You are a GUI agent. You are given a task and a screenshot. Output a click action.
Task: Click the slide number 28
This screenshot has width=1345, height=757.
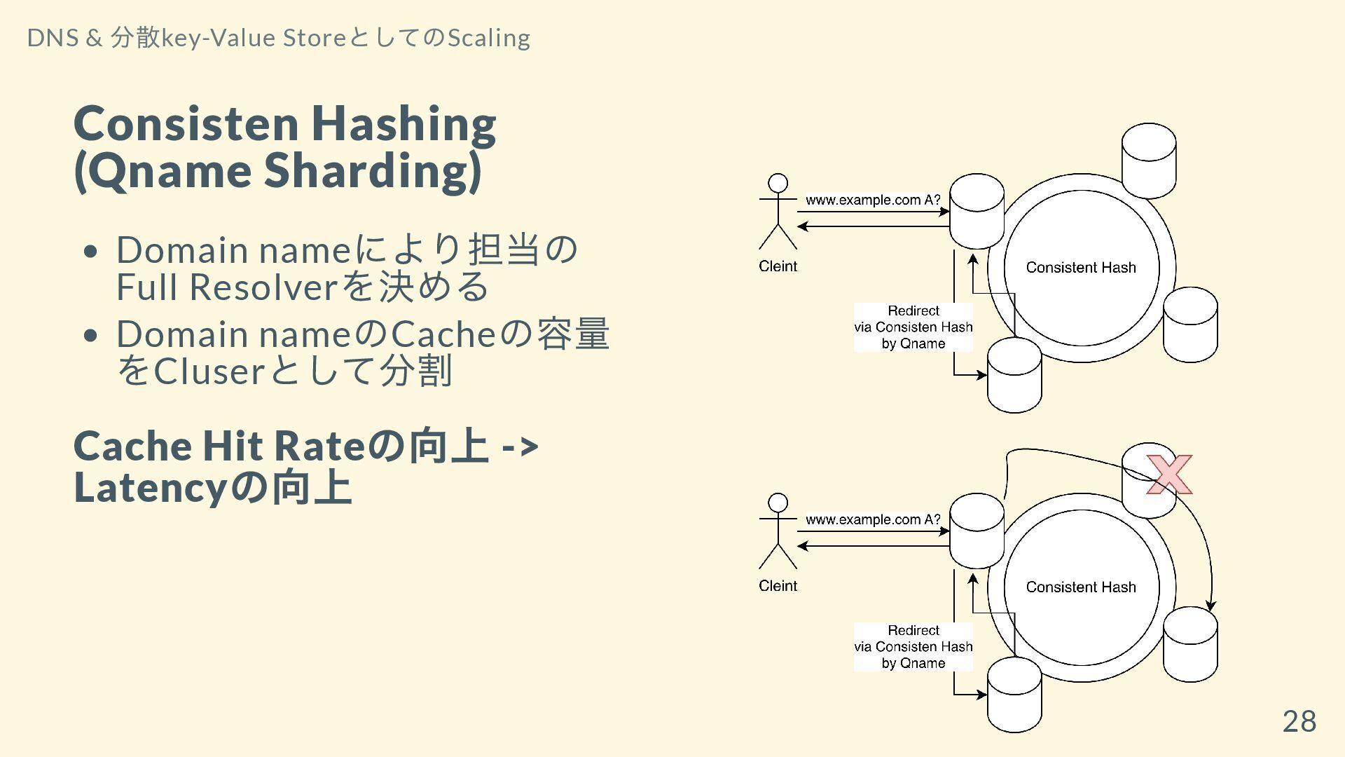1299,721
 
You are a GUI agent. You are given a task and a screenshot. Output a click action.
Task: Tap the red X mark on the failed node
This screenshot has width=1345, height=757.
1168,475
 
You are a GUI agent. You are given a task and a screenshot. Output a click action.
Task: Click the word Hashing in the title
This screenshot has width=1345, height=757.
403,124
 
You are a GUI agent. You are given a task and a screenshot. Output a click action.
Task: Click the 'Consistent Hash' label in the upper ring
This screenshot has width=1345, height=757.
1081,268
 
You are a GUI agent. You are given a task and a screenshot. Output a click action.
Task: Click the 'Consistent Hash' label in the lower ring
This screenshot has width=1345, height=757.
1081,587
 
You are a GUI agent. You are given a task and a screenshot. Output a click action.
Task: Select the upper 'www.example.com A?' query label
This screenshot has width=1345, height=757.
873,200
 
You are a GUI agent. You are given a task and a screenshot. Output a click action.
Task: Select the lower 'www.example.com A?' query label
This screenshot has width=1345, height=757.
873,519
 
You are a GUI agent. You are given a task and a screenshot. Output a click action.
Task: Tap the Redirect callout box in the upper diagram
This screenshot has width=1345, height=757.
913,327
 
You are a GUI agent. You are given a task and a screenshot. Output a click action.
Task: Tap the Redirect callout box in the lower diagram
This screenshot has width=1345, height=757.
913,647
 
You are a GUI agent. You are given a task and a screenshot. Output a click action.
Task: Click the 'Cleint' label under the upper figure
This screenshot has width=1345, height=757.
778,266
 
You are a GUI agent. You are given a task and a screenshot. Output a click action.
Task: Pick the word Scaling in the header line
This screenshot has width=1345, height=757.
488,38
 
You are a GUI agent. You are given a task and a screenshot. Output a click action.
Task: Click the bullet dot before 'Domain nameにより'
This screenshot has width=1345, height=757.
90,251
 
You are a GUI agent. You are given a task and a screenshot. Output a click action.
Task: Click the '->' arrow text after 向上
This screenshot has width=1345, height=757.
520,446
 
